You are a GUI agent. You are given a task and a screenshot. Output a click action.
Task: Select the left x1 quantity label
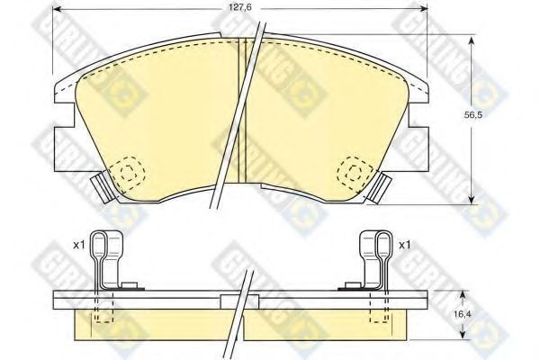(79, 245)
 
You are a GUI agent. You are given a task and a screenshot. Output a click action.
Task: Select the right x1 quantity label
(404, 245)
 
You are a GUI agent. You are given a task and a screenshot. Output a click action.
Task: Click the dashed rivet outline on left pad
(128, 173)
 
